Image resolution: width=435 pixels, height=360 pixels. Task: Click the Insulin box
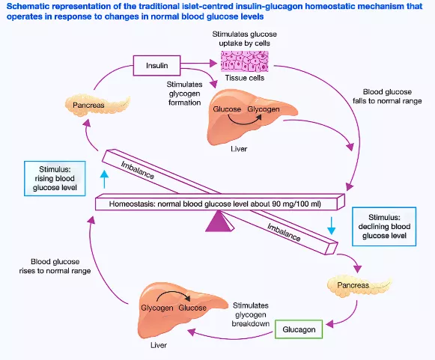[x=156, y=65]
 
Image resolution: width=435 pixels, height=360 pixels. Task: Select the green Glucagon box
[x=299, y=329]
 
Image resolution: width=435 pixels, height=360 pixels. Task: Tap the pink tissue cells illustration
[x=244, y=61]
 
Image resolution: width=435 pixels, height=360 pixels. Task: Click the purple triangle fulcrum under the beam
[x=219, y=221]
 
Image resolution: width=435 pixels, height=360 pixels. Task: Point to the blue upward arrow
[x=104, y=179]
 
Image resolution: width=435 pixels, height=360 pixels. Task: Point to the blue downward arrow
[x=331, y=225]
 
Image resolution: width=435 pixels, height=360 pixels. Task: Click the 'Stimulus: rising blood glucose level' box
[x=55, y=178]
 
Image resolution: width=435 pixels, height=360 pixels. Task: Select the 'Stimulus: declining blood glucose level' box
[x=384, y=226]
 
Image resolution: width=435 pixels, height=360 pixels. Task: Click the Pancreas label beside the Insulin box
[x=88, y=105]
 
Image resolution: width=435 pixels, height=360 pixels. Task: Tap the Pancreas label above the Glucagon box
[x=353, y=285]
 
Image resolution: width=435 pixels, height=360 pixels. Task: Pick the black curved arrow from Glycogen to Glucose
[x=174, y=296]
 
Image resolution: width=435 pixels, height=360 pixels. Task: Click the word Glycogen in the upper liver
[x=264, y=109]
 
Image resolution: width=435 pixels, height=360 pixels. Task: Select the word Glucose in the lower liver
[x=192, y=308]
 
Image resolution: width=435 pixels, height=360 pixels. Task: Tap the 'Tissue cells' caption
[x=244, y=78]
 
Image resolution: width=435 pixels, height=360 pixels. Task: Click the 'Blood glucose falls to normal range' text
[x=387, y=97]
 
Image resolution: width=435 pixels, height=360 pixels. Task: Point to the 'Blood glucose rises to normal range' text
[x=55, y=266]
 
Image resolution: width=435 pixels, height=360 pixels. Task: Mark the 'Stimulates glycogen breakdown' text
[x=251, y=314]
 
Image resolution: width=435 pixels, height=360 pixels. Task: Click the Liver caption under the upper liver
[x=239, y=149]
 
